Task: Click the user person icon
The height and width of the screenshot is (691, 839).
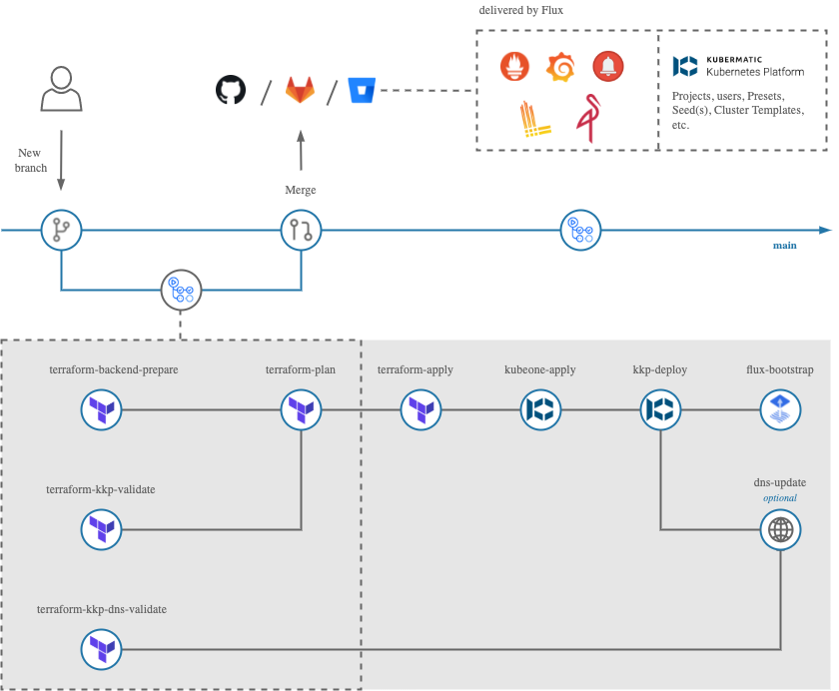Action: pyautogui.click(x=61, y=89)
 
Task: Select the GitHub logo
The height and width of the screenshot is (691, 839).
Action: pyautogui.click(x=231, y=91)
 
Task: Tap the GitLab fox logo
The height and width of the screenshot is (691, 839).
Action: pyautogui.click(x=300, y=91)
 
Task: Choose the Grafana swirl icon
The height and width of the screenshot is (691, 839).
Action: pyautogui.click(x=561, y=67)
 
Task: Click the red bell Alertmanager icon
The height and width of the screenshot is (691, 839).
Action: pyautogui.click(x=607, y=67)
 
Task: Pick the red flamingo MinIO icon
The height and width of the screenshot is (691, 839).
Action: pyautogui.click(x=585, y=119)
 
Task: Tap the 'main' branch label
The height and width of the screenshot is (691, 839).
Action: pyautogui.click(x=784, y=246)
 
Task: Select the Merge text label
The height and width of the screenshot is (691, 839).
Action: pyautogui.click(x=301, y=190)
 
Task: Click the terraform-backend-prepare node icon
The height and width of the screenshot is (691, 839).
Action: pyautogui.click(x=101, y=409)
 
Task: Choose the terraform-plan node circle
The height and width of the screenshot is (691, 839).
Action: pyautogui.click(x=300, y=409)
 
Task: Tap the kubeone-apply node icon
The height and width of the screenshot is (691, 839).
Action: pyautogui.click(x=541, y=409)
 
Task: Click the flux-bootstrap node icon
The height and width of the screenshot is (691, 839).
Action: pyautogui.click(x=780, y=409)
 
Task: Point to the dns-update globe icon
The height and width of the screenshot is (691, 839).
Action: pyautogui.click(x=780, y=530)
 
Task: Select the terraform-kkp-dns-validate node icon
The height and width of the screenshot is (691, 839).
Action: pyautogui.click(x=101, y=650)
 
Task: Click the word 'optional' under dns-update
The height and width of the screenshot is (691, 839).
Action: pyautogui.click(x=780, y=497)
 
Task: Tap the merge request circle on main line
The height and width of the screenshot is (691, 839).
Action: pyautogui.click(x=301, y=231)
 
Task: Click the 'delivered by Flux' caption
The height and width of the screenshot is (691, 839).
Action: pyautogui.click(x=521, y=11)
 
